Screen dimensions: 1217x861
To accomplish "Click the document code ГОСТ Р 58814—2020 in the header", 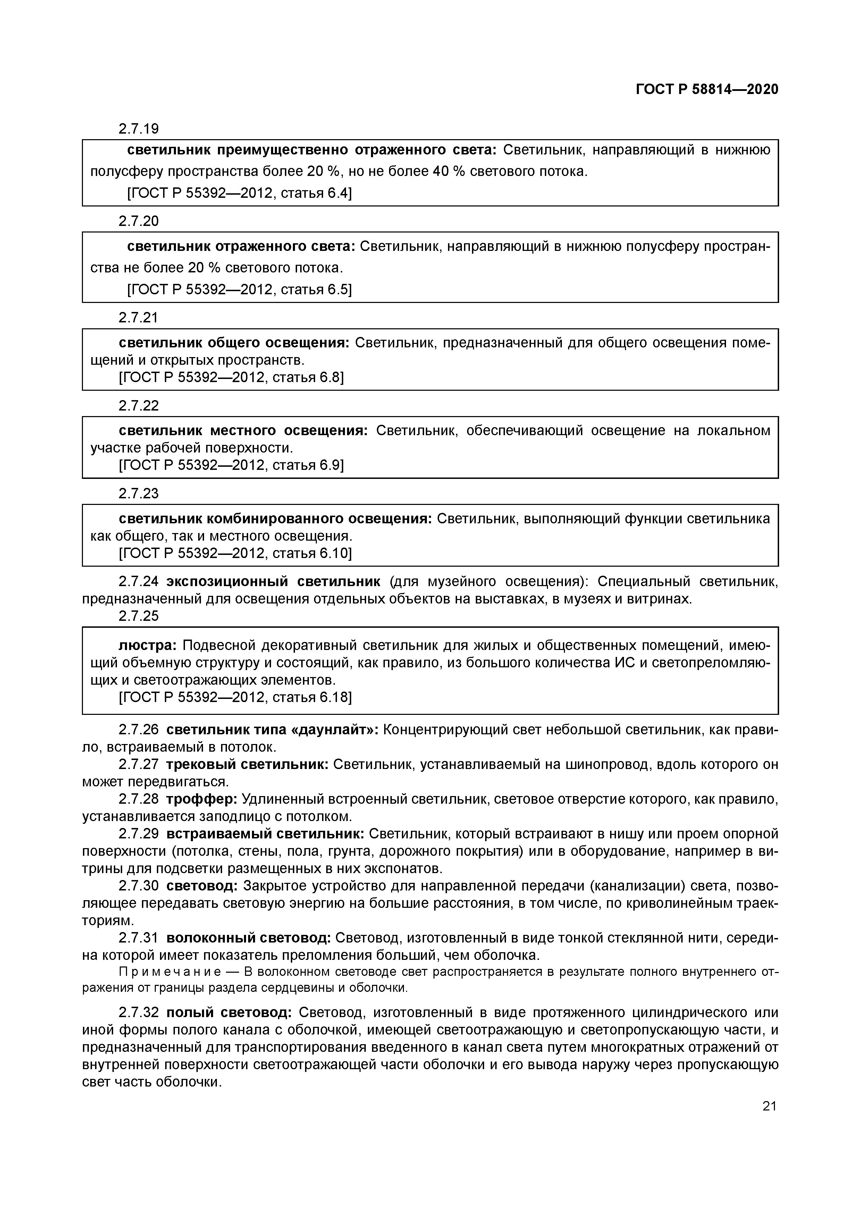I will (x=707, y=90).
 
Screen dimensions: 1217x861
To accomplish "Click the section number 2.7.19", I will (x=138, y=129).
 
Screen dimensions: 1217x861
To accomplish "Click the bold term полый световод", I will (x=229, y=1012).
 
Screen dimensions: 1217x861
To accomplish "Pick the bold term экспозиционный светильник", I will (x=273, y=582).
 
